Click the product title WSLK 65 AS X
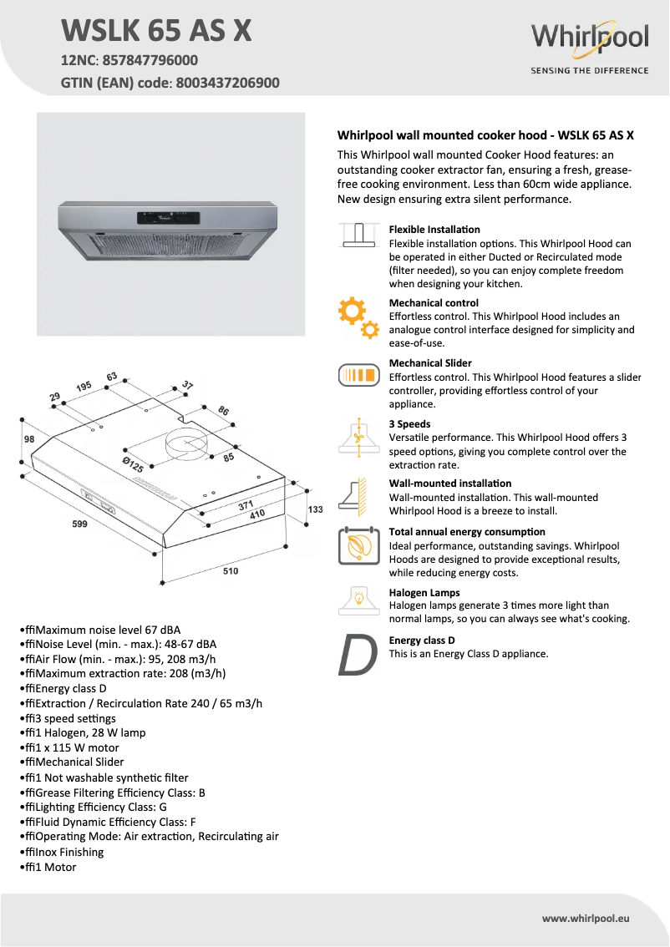[x=156, y=31]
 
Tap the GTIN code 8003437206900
[x=226, y=83]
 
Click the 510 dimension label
[x=231, y=571]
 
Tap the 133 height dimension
[x=315, y=509]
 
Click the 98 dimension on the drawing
[x=28, y=439]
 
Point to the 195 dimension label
[x=84, y=387]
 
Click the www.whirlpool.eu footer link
[x=585, y=918]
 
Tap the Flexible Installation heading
[x=434, y=229]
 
